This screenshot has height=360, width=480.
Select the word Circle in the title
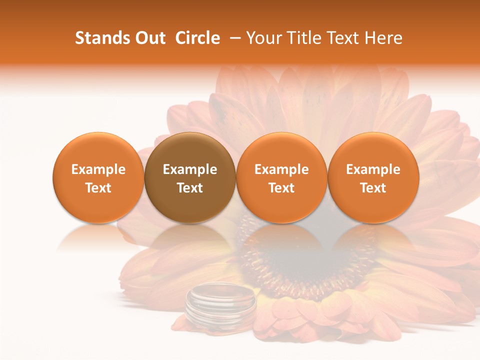(197, 38)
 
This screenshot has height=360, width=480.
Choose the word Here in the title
(384, 38)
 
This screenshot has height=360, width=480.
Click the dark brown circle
(190, 177)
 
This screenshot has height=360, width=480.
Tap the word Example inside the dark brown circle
(190, 169)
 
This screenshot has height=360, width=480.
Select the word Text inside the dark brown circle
(190, 188)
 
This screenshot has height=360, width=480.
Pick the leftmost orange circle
(98, 177)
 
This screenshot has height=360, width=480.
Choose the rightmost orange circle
(373, 177)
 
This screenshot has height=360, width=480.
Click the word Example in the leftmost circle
(98, 169)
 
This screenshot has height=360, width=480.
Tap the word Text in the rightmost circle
(373, 188)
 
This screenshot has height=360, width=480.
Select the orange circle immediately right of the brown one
(281, 177)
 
